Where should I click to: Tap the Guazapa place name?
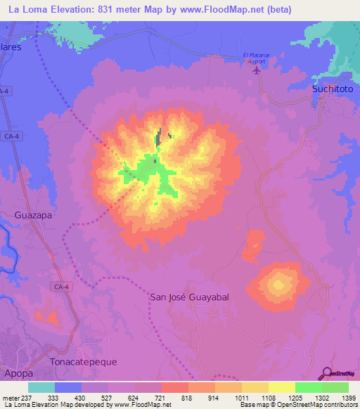[34, 216]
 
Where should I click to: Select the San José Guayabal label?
[190, 297]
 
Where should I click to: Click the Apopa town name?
[18, 374]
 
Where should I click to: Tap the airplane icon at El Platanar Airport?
[256, 70]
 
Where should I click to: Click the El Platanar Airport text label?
[256, 58]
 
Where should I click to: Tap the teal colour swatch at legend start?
[41, 387]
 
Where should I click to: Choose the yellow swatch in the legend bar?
[281, 387]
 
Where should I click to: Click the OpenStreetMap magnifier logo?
[326, 374]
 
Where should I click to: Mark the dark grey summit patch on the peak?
[160, 137]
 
